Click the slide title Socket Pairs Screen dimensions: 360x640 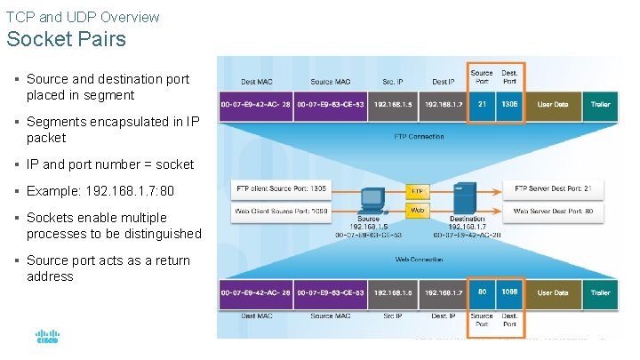pyautogui.click(x=67, y=40)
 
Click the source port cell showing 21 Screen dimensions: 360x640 pyautogui.click(x=482, y=104)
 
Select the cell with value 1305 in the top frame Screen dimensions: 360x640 pyautogui.click(x=509, y=104)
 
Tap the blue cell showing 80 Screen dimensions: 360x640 pyautogui.click(x=482, y=292)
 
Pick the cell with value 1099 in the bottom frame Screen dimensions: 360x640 pyautogui.click(x=509, y=292)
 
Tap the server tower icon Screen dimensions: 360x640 pyautogui.click(x=461, y=200)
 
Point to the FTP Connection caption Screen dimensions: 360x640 pyautogui.click(x=419, y=137)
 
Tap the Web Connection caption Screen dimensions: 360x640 pyautogui.click(x=419, y=260)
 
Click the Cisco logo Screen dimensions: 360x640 pyautogui.click(x=47, y=339)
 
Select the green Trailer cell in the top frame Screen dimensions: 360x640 pyautogui.click(x=600, y=104)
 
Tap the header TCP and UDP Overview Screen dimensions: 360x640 pyautogui.click(x=83, y=17)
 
